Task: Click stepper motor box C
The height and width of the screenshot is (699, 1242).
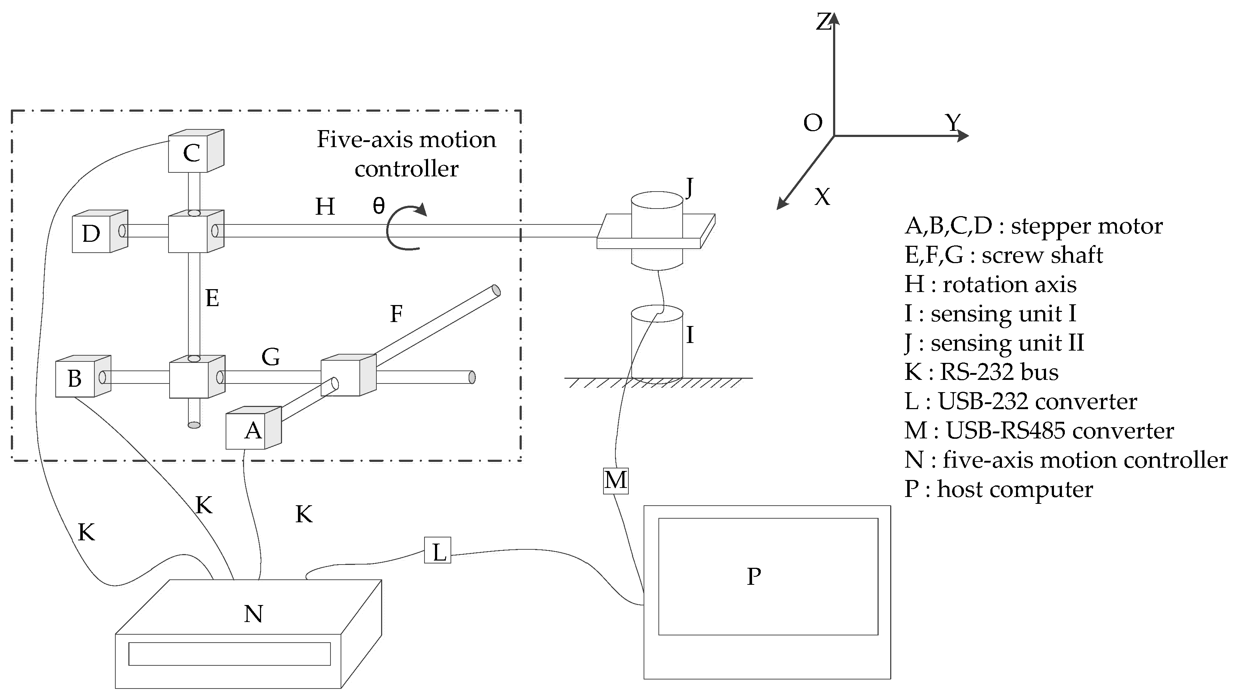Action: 191,153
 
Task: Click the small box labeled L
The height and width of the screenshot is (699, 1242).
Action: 437,550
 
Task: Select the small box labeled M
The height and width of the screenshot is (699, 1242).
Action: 616,481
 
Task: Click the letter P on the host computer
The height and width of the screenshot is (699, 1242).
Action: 754,576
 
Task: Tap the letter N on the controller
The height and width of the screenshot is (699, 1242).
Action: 253,614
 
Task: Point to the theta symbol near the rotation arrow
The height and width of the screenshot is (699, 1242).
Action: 379,206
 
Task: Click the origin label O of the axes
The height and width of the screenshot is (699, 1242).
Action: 812,123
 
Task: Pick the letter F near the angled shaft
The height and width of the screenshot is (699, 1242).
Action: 396,314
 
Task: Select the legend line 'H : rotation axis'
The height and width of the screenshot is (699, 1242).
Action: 990,284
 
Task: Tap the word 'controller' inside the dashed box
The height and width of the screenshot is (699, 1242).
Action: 406,169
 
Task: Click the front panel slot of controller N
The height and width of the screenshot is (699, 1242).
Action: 230,654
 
